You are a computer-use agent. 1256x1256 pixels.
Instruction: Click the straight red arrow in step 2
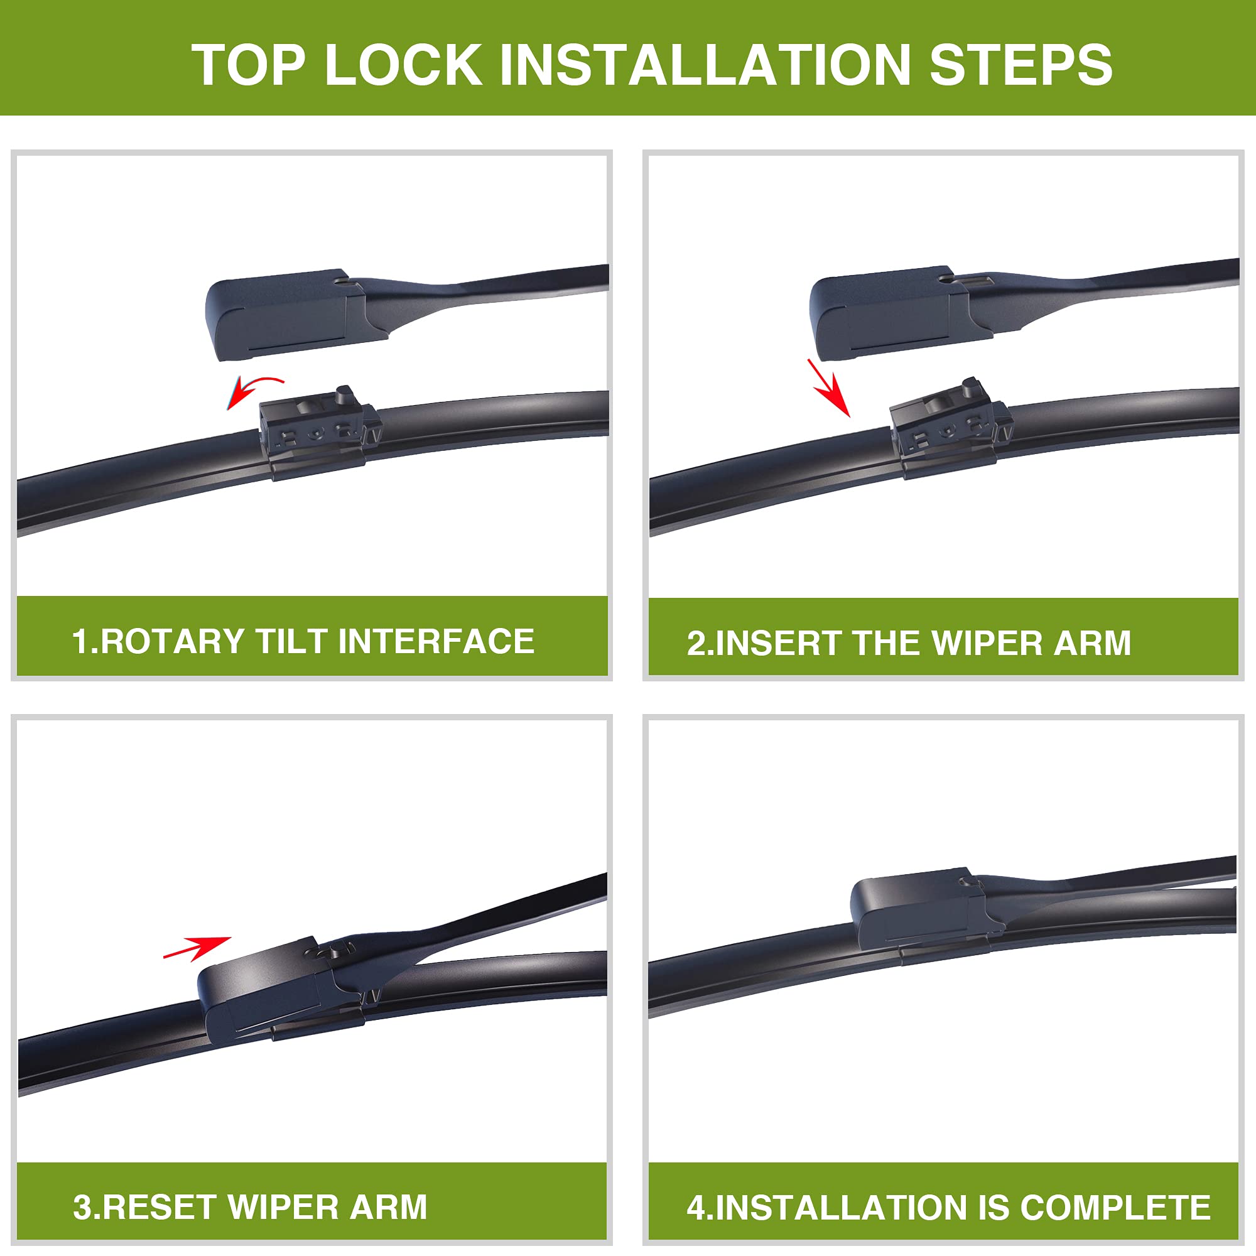(830, 389)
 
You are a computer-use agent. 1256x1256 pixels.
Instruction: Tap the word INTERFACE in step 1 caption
(436, 642)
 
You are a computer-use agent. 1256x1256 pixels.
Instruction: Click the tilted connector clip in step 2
(946, 426)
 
